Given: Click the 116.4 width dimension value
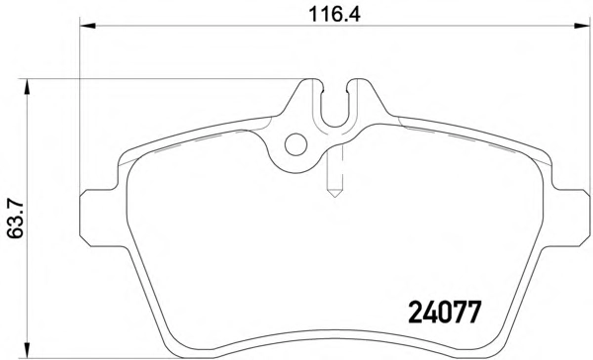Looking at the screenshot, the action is coord(334,15).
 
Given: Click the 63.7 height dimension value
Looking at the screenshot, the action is coord(16,220).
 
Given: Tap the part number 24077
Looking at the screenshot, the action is coord(445,313).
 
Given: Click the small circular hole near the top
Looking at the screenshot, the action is coord(296,144).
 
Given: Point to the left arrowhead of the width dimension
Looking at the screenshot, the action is coord(88,26).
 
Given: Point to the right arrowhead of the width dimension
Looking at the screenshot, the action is coord(582,26).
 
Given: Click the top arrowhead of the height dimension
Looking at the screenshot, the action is coord(27,87).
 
